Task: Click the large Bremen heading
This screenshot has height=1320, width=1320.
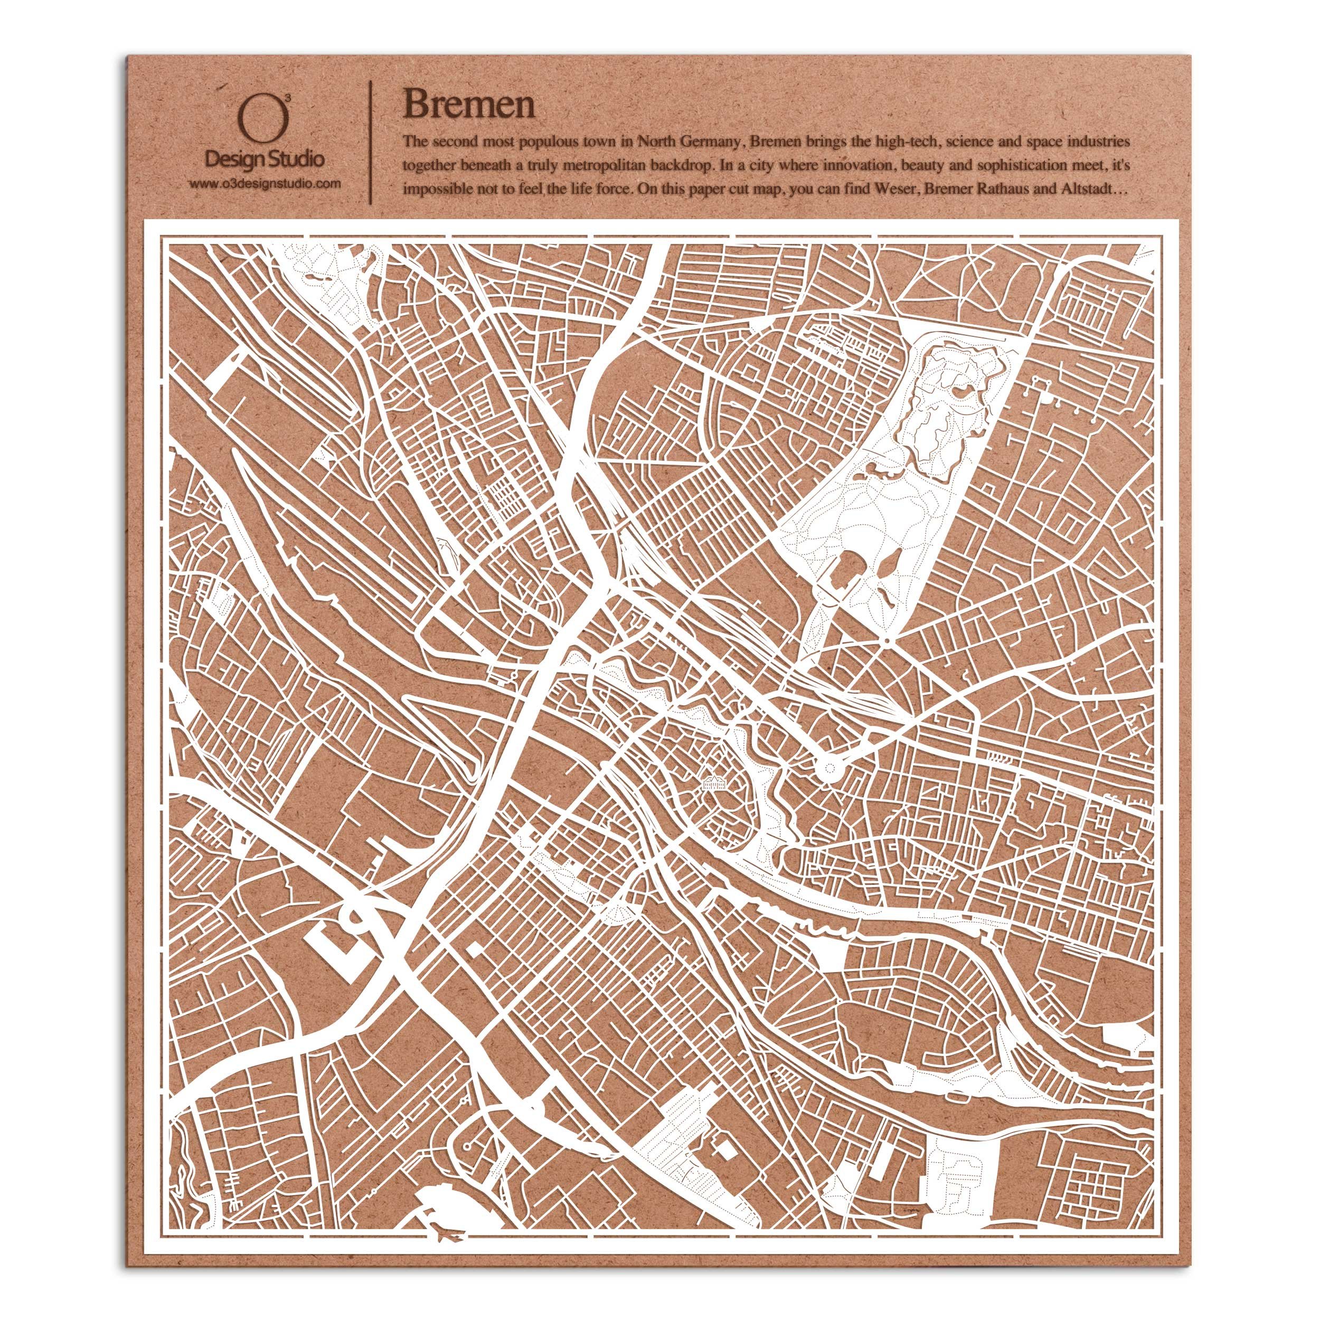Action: (469, 105)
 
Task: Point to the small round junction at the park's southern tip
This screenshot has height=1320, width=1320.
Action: (885, 642)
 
